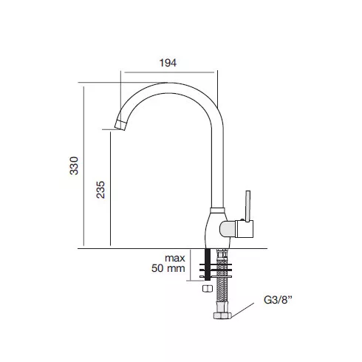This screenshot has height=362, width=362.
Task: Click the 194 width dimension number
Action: point(168,63)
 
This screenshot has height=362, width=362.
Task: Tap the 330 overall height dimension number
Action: point(74,165)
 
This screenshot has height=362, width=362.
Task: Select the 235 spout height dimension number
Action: point(100,190)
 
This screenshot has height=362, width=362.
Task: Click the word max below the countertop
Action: point(175,258)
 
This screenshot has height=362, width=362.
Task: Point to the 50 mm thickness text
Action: point(168,268)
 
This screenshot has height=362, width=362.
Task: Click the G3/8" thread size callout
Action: point(278,300)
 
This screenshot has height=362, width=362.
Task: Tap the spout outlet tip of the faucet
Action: point(120,125)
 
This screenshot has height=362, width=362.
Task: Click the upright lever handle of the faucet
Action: point(247,206)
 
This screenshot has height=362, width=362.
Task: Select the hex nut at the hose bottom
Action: point(222,315)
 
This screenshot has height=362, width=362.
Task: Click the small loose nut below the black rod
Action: point(208,288)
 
